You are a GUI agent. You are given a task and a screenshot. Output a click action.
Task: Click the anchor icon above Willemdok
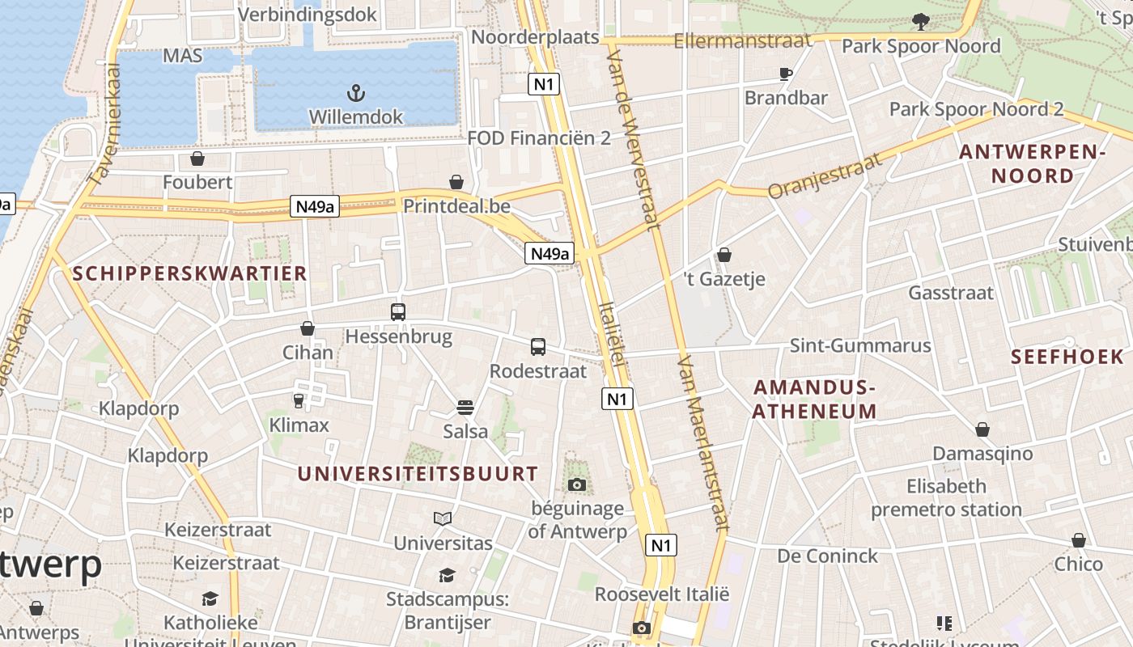coord(355,91)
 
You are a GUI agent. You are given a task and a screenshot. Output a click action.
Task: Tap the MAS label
coord(182,56)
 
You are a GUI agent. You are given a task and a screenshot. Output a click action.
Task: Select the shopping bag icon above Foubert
coord(197,159)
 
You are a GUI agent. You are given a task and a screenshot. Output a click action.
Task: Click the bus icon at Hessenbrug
coord(398,312)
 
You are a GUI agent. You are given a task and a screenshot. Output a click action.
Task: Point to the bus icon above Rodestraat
coord(538,347)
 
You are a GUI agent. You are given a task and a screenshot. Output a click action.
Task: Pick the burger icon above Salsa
coord(465,407)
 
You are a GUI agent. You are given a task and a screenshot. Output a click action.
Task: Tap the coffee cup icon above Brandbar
coord(785,74)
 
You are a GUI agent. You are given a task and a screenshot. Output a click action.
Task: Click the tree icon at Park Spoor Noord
coord(920,22)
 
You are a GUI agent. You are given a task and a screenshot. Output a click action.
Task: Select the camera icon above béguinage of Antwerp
coord(576,484)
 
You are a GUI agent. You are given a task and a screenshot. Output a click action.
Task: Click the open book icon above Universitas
coord(442,518)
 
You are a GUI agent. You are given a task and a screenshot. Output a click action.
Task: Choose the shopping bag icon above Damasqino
coord(982,429)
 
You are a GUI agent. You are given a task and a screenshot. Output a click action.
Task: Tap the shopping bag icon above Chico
coord(1078,540)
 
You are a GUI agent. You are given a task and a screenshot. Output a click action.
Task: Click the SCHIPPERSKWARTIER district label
coord(190,273)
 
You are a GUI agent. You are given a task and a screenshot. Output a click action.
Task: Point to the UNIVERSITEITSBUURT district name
coord(418,474)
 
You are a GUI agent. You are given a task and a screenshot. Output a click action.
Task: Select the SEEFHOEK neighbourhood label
coord(1067,357)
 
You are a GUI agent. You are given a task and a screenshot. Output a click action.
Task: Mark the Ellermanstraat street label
coord(742,40)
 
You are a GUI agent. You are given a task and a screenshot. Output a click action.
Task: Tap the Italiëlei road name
coord(612,333)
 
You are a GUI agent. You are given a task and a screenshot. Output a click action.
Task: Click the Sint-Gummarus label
coord(860,346)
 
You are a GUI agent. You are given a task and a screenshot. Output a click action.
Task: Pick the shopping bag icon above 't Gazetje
coord(724,256)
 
